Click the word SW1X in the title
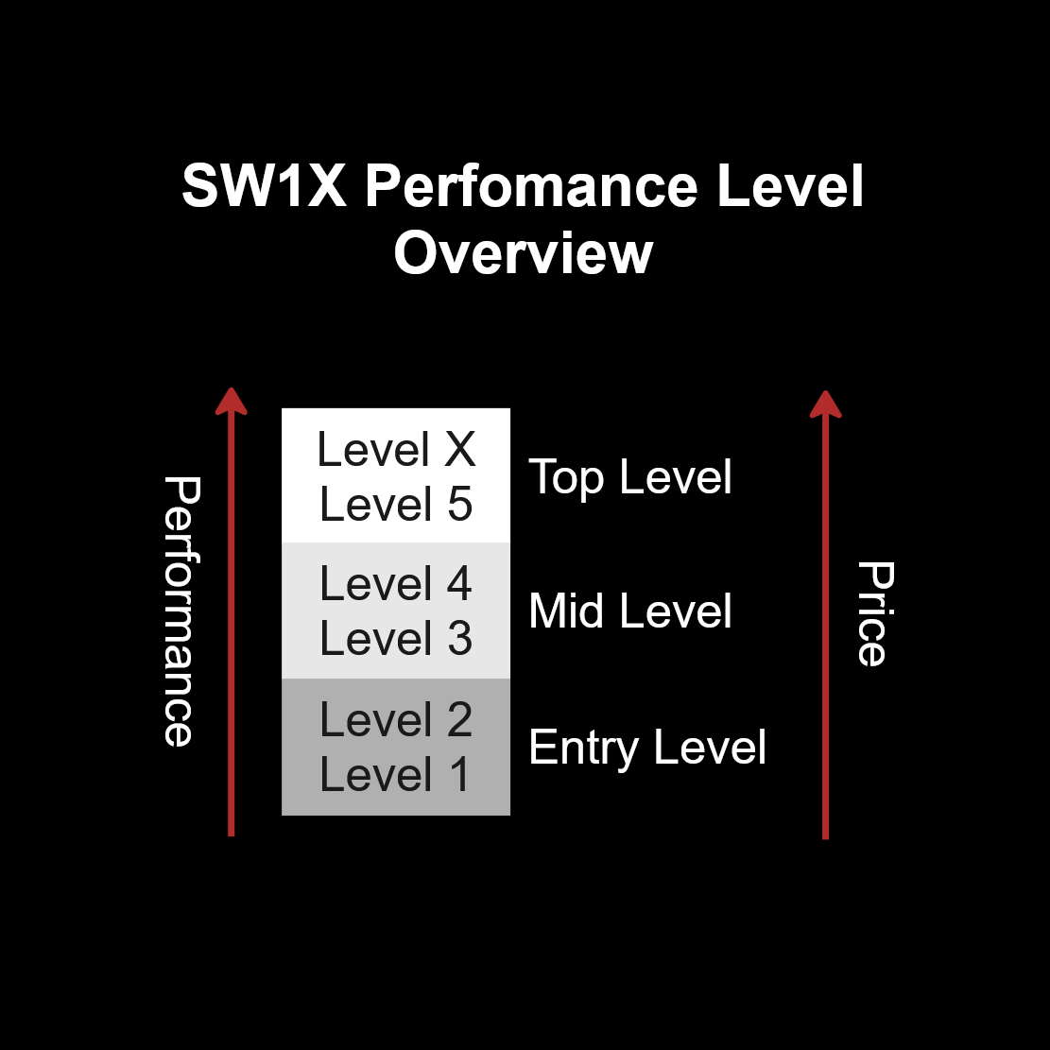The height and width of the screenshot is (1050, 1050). pyautogui.click(x=265, y=185)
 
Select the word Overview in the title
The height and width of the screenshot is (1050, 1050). pyautogui.click(x=524, y=253)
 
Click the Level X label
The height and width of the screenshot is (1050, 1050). pyautogui.click(x=396, y=449)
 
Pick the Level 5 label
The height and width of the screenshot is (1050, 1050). pyautogui.click(x=396, y=505)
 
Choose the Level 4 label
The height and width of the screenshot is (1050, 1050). pyautogui.click(x=396, y=584)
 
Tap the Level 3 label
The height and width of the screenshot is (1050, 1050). pyautogui.click(x=396, y=639)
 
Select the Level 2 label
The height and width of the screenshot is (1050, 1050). pyautogui.click(x=396, y=720)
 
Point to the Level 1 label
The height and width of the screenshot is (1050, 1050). pyautogui.click(x=395, y=775)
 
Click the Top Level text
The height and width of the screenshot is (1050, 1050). pyautogui.click(x=630, y=478)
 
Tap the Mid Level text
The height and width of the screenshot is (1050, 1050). pyautogui.click(x=630, y=611)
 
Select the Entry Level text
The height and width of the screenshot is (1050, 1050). pyautogui.click(x=646, y=748)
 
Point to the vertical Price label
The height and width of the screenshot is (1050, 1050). pyautogui.click(x=876, y=614)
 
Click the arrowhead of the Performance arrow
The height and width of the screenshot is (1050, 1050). pyautogui.click(x=231, y=402)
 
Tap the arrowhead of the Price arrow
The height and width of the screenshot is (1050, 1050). pyautogui.click(x=826, y=405)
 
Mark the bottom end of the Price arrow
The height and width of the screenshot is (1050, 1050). pyautogui.click(x=826, y=838)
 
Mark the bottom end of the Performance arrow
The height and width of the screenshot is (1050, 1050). pyautogui.click(x=231, y=835)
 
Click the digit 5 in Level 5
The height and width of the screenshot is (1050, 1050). pyautogui.click(x=460, y=505)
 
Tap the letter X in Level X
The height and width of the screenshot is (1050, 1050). pyautogui.click(x=460, y=449)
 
